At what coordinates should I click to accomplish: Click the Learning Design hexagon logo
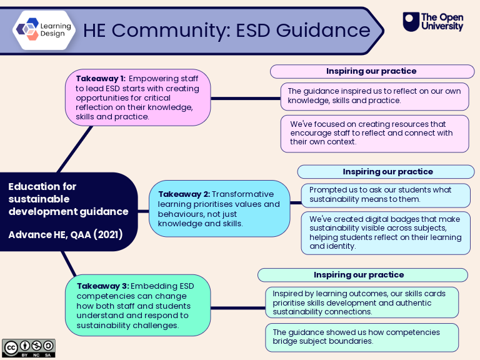coord(44,30)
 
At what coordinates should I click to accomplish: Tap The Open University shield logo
coord(411,22)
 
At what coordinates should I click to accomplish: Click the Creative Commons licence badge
coord(29,348)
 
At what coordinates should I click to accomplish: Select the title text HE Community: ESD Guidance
coord(226,30)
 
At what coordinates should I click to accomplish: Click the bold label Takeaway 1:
coord(101,79)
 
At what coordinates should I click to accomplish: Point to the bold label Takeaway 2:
coord(184,194)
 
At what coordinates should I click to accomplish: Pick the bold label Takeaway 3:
coord(103,286)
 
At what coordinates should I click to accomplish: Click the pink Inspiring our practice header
coord(372,71)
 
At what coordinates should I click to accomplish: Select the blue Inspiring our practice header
coord(386,172)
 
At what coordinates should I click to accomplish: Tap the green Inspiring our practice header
coord(362,275)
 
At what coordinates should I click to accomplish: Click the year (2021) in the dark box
coord(108,234)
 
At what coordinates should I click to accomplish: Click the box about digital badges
coord(386,233)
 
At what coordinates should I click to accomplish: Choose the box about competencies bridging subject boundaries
coord(362,337)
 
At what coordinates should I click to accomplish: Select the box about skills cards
coord(362,302)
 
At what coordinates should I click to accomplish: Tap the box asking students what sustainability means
coord(386,195)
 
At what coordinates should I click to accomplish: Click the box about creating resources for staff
coord(375,134)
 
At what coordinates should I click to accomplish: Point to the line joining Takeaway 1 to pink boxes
coord(246,99)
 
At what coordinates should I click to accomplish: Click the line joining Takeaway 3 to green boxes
coord(238,308)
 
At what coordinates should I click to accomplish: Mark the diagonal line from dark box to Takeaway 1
coord(75,149)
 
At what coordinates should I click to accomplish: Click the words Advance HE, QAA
coord(49,235)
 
